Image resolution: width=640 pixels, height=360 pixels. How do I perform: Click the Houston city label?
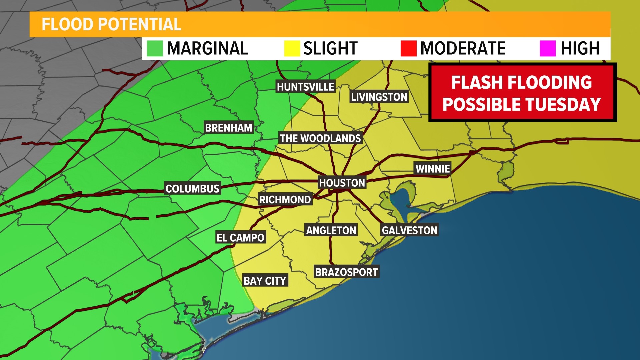click(x=342, y=183)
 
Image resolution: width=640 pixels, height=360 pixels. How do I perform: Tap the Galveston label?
click(x=409, y=230)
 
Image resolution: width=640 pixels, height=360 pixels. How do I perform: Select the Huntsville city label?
click(x=305, y=87)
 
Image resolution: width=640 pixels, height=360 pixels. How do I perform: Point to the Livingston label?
click(x=379, y=97)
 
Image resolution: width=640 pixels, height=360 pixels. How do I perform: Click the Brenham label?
click(x=229, y=128)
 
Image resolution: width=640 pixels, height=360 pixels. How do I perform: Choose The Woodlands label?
click(x=320, y=138)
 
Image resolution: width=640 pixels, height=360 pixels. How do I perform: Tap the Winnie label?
click(x=433, y=169)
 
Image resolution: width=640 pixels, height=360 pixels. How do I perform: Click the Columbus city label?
click(x=192, y=189)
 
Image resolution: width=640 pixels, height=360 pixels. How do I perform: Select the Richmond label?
click(x=285, y=200)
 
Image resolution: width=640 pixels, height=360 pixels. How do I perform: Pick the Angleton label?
click(x=331, y=230)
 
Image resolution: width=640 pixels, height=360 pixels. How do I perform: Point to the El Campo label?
click(x=240, y=238)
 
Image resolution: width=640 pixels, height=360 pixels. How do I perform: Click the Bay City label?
click(x=265, y=281)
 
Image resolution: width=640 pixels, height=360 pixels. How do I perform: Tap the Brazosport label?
click(x=346, y=272)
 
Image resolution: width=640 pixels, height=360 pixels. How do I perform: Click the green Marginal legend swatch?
click(x=155, y=48)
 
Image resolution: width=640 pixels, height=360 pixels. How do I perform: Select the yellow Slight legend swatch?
click(x=292, y=48)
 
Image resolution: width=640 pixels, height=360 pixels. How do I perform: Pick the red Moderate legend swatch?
click(x=408, y=48)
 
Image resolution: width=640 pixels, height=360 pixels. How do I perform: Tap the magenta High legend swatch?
click(x=548, y=48)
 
